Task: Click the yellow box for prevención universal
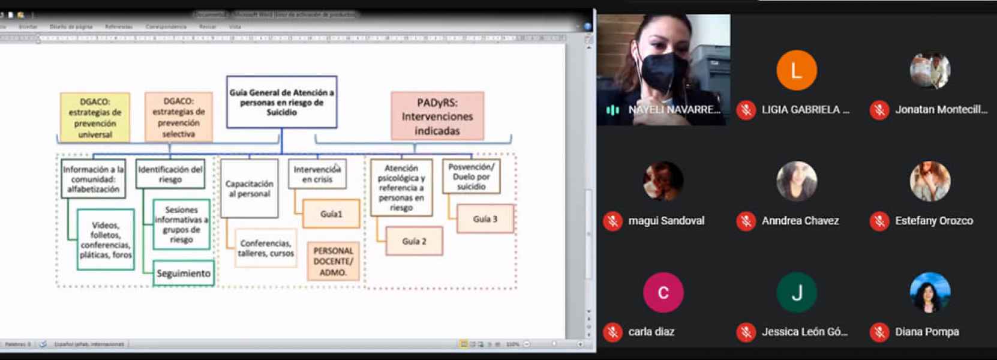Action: click(95, 117)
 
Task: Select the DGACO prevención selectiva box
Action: click(178, 117)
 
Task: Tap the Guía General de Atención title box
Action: click(281, 102)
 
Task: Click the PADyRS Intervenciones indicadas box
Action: click(437, 116)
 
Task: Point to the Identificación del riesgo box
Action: click(170, 174)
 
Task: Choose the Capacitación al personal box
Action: click(249, 188)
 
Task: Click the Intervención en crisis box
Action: click(317, 174)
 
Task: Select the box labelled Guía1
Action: click(331, 214)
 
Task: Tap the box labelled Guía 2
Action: click(414, 241)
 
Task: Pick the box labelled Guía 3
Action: click(485, 219)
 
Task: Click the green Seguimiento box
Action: click(183, 274)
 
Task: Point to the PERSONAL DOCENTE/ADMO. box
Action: click(333, 262)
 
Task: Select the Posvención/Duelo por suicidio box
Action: click(471, 176)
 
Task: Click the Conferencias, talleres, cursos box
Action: click(266, 248)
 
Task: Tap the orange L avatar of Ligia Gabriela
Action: click(796, 71)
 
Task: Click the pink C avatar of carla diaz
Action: click(663, 293)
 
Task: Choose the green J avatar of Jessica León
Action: click(796, 293)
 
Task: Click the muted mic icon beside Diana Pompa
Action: click(879, 332)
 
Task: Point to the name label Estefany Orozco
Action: click(933, 221)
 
